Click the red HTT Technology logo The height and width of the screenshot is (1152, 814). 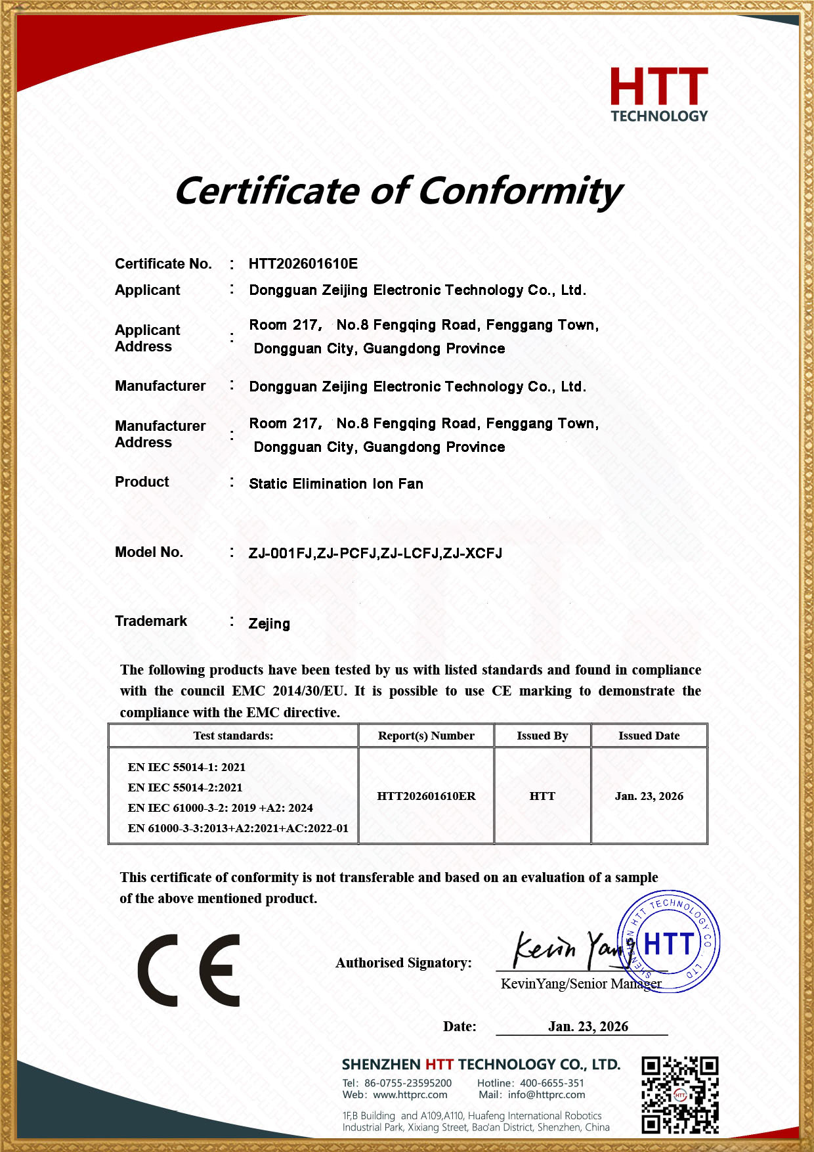[x=659, y=95]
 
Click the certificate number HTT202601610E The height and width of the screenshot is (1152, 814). [x=303, y=264]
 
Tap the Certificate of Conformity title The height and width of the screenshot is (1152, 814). [x=398, y=191]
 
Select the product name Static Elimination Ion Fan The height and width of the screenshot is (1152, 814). [x=336, y=484]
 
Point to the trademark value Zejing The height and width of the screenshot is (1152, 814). [x=269, y=624]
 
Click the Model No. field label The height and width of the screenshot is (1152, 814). [x=149, y=552]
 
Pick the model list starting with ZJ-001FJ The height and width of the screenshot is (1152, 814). [x=375, y=554]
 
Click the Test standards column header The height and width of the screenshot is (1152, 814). [x=233, y=736]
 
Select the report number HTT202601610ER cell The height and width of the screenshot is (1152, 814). [x=426, y=796]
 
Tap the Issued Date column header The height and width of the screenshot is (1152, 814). [x=649, y=736]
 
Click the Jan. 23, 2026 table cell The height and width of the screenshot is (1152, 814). [x=649, y=796]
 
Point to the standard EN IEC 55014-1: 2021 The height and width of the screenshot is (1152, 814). [x=186, y=767]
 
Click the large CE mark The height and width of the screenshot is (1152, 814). [x=189, y=970]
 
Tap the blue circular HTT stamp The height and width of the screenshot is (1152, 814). [x=669, y=942]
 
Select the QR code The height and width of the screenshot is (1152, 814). [x=680, y=1095]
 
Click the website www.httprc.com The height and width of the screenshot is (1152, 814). [x=410, y=1095]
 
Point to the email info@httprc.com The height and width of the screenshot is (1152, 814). [x=546, y=1095]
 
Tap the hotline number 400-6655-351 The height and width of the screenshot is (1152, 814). [x=551, y=1083]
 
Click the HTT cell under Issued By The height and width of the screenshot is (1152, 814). [x=542, y=796]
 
